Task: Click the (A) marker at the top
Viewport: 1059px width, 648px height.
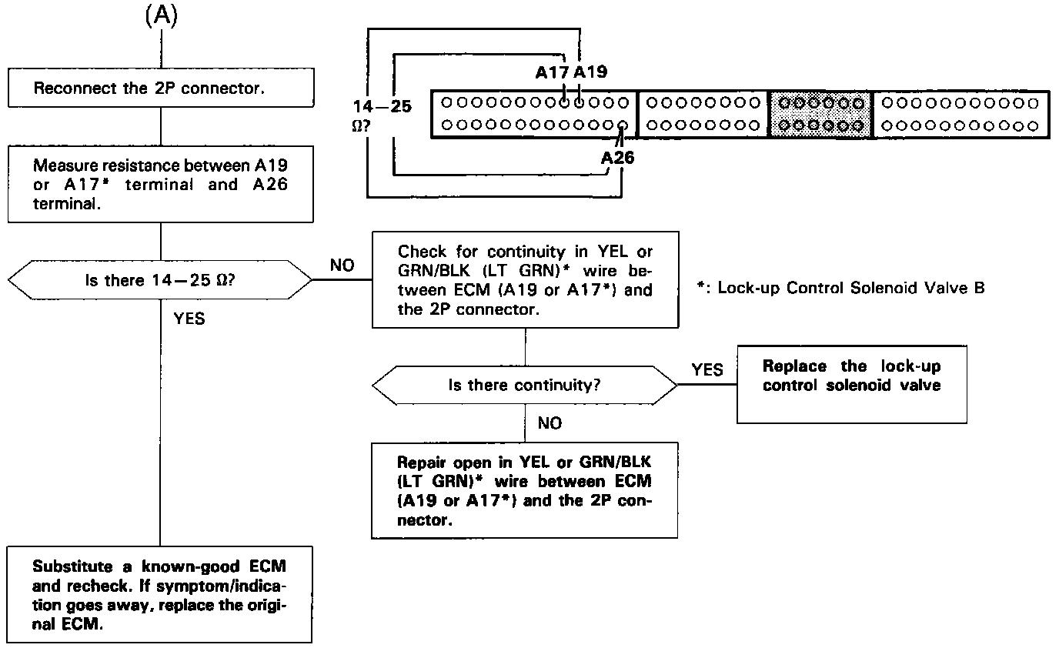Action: click(161, 18)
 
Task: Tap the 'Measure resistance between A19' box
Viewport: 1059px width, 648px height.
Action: click(159, 185)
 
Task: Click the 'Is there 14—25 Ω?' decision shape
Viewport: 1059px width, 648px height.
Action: click(159, 280)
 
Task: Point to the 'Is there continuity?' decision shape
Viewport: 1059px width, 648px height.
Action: click(525, 385)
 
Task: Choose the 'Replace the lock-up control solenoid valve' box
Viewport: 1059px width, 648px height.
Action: click(851, 382)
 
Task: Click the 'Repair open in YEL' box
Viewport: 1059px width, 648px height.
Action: click(524, 489)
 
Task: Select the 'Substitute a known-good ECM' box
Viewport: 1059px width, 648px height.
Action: click(159, 594)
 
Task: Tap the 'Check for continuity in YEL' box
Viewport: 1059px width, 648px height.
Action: click(525, 281)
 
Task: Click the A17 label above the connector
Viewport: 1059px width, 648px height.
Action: click(553, 74)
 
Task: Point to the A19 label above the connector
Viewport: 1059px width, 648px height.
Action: click(590, 74)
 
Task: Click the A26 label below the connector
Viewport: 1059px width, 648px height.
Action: click(619, 158)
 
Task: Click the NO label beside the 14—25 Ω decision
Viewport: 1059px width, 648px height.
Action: click(342, 266)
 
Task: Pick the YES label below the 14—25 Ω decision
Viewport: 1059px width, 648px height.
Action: click(189, 319)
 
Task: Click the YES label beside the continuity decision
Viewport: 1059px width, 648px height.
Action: click(707, 370)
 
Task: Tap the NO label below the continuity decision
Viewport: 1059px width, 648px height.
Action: click(550, 423)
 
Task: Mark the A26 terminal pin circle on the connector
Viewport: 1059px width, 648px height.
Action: click(623, 125)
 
